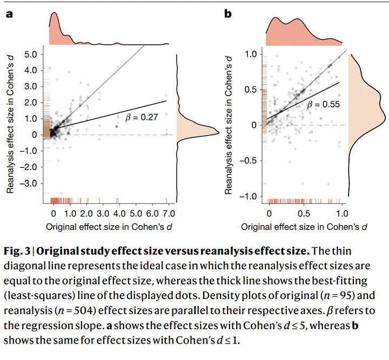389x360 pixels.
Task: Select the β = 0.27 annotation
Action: pos(141,116)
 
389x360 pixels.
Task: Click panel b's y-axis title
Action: pos(229,125)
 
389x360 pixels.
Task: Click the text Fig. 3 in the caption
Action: pos(19,251)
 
